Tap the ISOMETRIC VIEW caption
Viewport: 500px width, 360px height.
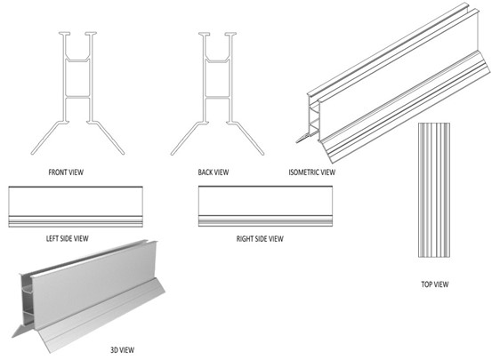coord(311,171)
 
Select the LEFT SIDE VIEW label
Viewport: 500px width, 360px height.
coord(68,238)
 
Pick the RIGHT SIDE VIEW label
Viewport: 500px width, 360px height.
coord(260,238)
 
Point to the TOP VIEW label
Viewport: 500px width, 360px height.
coord(434,284)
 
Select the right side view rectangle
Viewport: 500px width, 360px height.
coord(266,208)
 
